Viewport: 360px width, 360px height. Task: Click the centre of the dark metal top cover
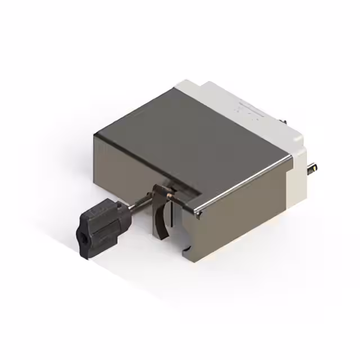[x=186, y=141]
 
